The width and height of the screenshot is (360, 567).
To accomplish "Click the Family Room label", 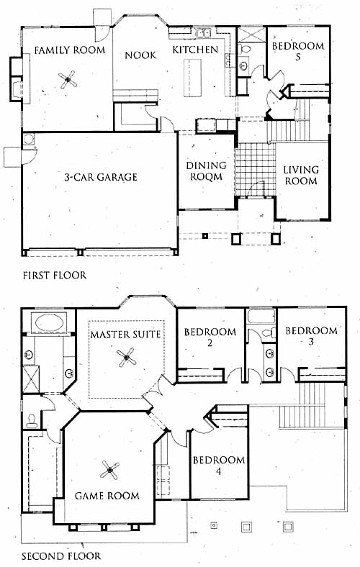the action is (69, 50).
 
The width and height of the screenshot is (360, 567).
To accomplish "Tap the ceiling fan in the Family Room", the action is (68, 80).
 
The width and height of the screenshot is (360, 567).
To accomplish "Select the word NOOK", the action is (140, 55).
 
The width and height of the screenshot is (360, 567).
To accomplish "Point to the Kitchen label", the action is (195, 50).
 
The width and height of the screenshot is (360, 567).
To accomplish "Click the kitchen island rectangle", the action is (192, 78).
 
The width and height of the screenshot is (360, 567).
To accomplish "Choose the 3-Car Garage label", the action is (101, 177).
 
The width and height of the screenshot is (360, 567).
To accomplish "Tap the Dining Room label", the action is (206, 171).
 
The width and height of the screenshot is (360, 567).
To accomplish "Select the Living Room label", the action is (301, 175).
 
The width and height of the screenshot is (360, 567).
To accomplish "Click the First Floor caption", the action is (55, 276).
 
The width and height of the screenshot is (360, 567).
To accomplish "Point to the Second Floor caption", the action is (61, 556).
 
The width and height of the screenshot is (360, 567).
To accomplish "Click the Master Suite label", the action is (125, 334).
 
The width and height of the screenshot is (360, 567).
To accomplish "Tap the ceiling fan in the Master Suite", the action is (126, 358).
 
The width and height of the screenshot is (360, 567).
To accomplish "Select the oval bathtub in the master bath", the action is (49, 322).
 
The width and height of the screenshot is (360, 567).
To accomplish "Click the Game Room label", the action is (107, 496).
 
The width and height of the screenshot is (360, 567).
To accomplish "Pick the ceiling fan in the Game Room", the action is (109, 470).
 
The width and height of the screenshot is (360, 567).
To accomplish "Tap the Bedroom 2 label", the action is (210, 337).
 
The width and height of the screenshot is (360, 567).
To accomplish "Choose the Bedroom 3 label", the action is (311, 336).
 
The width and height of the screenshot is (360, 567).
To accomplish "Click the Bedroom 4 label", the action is (219, 466).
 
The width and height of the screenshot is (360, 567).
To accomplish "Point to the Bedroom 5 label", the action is (298, 51).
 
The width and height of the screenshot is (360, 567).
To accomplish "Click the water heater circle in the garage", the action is (29, 138).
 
